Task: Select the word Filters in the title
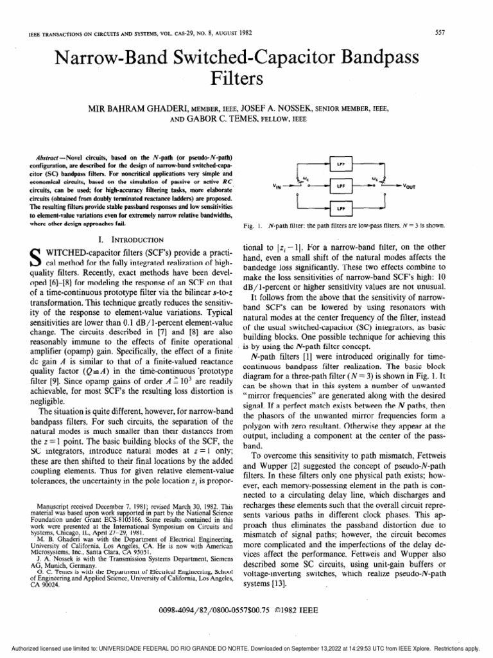[246, 80]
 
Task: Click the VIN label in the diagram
[277, 188]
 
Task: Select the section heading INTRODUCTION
[128, 238]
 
